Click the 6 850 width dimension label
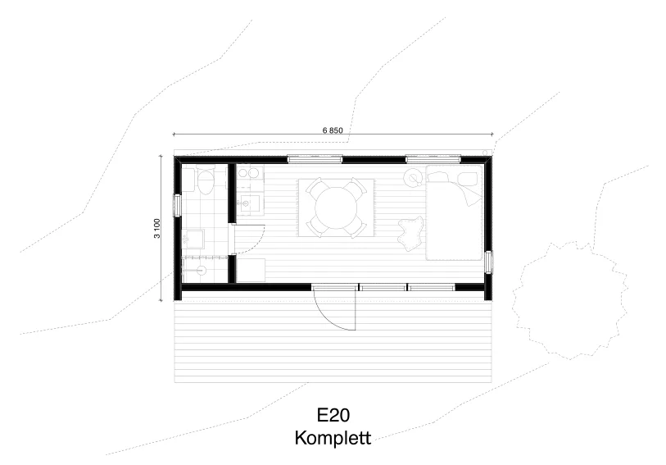[x=333, y=130]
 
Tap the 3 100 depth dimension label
[x=157, y=228]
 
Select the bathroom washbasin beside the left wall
[x=193, y=239]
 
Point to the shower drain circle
[x=201, y=270]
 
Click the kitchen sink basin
[x=246, y=203]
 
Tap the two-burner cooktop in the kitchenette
[x=250, y=173]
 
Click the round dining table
[x=335, y=207]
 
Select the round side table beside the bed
[x=412, y=177]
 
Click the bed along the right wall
[x=455, y=212]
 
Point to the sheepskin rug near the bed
[x=410, y=231]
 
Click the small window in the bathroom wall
[x=177, y=205]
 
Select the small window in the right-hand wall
[x=489, y=262]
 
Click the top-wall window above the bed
[x=433, y=159]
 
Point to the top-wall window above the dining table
[x=315, y=159]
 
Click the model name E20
[x=333, y=415]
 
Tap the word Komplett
[x=333, y=438]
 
